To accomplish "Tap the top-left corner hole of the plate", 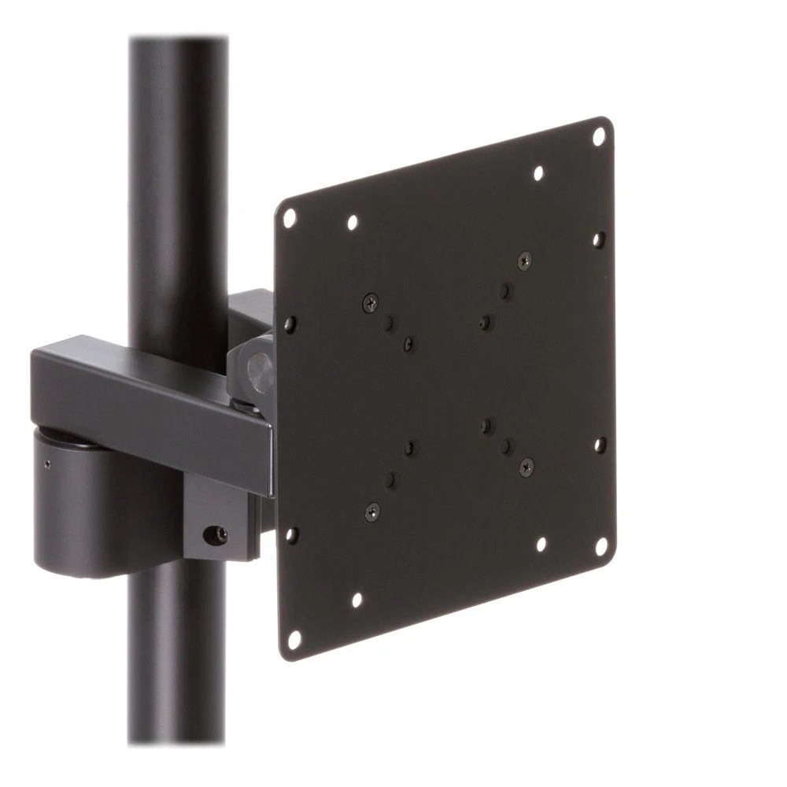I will [289, 214].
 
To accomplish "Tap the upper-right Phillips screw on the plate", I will [523, 259].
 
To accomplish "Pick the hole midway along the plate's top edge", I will [538, 172].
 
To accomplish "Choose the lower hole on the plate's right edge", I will [600, 444].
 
